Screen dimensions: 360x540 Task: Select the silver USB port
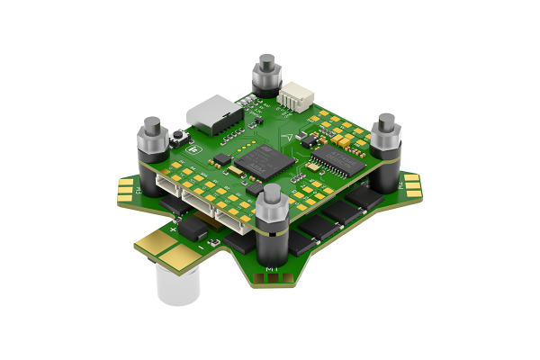(x=213, y=113)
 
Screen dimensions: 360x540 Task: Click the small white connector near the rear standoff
(x=294, y=98)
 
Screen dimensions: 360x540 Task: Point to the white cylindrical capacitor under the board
(x=176, y=285)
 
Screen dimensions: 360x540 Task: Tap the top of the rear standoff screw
(x=266, y=60)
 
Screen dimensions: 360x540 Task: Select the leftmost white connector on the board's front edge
(x=167, y=187)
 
